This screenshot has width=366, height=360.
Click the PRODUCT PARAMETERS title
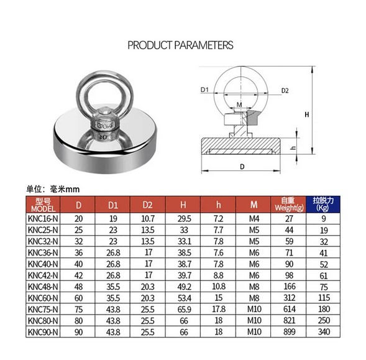180,45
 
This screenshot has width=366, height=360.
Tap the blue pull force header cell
323,204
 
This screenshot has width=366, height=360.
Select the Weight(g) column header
288,204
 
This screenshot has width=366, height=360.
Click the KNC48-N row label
43,287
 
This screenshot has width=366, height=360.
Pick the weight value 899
289,332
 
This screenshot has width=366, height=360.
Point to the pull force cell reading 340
324,332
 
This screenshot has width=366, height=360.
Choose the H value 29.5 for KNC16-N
184,219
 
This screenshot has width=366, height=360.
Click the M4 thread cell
254,219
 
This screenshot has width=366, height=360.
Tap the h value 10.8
219,287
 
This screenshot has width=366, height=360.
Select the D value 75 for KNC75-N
79,309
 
